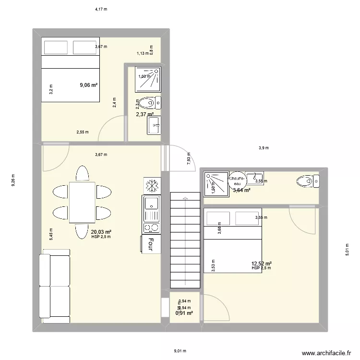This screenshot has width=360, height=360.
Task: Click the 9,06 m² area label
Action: tap(89, 85)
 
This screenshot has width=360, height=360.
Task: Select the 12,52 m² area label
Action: tap(262, 264)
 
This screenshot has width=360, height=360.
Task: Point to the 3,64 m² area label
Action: tap(241, 190)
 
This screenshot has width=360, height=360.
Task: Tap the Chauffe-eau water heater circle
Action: tap(238, 179)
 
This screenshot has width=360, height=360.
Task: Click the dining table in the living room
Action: tap(83, 202)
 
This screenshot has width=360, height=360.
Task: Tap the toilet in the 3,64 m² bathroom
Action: tap(307, 181)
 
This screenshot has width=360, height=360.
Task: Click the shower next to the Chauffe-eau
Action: tap(216, 183)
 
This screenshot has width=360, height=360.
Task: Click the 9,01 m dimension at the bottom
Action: tap(180, 351)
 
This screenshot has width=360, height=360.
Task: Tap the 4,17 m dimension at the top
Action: tap(101, 9)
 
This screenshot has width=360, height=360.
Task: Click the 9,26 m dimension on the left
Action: tap(13, 180)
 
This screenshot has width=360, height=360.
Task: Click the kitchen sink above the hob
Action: tap(151, 208)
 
